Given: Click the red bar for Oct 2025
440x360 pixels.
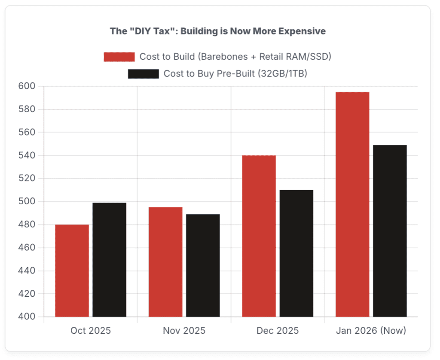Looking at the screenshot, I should coord(72,271).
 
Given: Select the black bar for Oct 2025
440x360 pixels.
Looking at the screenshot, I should coord(110,260).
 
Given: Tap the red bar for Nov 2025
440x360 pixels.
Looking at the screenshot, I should coord(165,262).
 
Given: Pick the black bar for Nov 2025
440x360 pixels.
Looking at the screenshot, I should coord(203,265).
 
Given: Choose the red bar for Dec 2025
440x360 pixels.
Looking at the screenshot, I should coord(259,236).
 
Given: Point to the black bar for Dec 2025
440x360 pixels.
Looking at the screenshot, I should coord(296,253).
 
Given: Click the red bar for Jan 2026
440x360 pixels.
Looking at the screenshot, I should coord(352,204).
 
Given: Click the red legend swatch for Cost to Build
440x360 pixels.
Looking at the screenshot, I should coord(119,57).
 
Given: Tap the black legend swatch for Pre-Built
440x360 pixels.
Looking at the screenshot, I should coord(143,74).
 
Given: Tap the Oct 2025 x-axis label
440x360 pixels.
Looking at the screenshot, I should coord(91,331).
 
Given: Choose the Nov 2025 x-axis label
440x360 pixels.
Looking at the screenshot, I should coord(184,331).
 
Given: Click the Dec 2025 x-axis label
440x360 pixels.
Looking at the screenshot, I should coord(278,331).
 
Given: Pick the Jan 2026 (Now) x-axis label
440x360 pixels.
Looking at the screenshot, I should coord(371,331).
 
